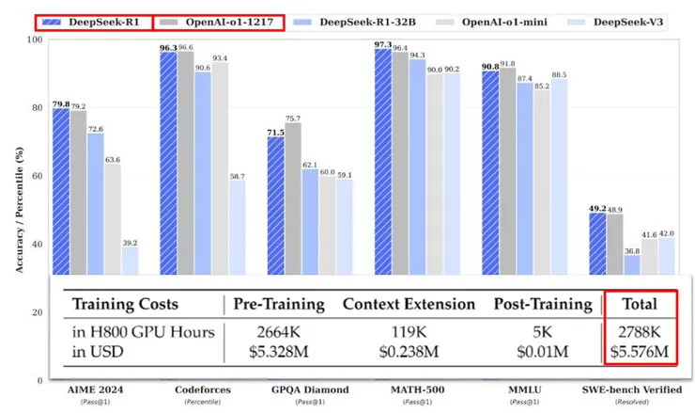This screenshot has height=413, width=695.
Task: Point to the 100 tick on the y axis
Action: [36, 40]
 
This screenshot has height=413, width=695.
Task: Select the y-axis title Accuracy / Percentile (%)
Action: [18, 203]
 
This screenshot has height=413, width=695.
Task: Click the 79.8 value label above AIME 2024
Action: [60, 104]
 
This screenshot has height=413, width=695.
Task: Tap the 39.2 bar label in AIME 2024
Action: [129, 242]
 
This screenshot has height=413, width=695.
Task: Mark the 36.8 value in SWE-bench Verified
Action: [633, 250]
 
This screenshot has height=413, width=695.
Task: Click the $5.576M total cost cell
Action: [641, 353]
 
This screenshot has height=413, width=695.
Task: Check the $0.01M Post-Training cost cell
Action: [544, 353]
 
